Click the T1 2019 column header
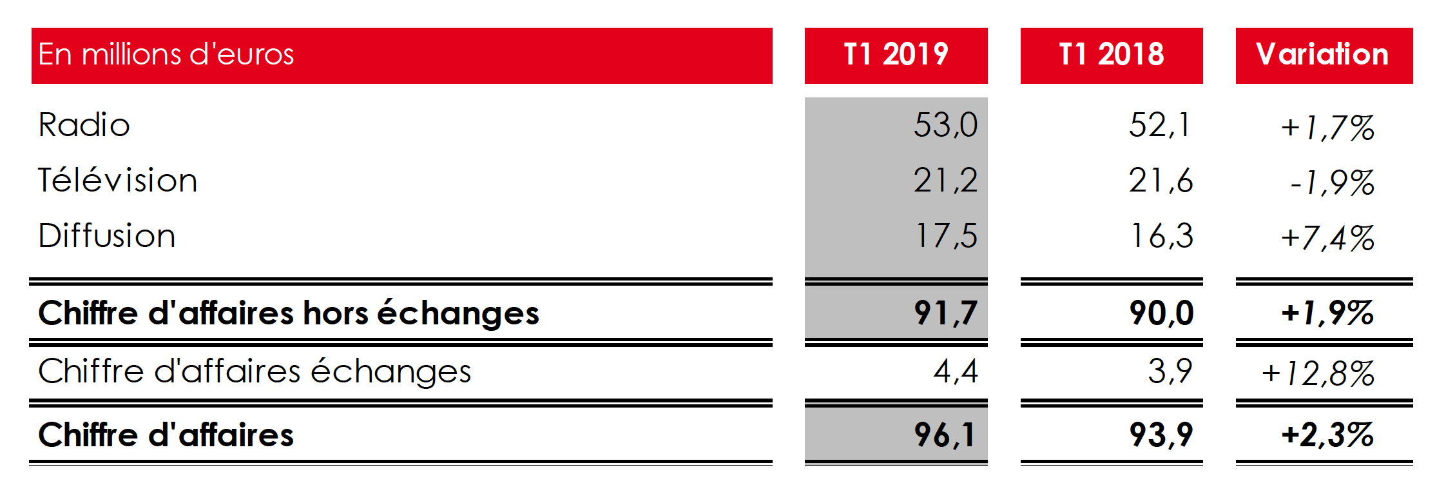point(896,55)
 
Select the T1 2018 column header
point(1111,55)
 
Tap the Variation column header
point(1323,55)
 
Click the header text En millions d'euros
point(166,55)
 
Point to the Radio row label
point(84,125)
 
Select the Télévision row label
point(118,181)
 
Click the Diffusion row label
point(107,236)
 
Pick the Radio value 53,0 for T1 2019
point(945,125)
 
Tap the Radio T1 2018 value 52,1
point(1160,125)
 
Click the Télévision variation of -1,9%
point(1332,183)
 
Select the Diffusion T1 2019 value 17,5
point(946,236)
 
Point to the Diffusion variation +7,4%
point(1327,239)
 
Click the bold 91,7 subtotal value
point(945,313)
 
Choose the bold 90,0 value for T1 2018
point(1161,313)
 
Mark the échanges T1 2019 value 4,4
point(956,371)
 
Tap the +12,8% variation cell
point(1318,374)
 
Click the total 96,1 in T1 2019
point(945,435)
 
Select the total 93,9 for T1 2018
point(1161,435)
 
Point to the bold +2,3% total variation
point(1327,435)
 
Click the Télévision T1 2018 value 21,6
point(1161,181)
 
